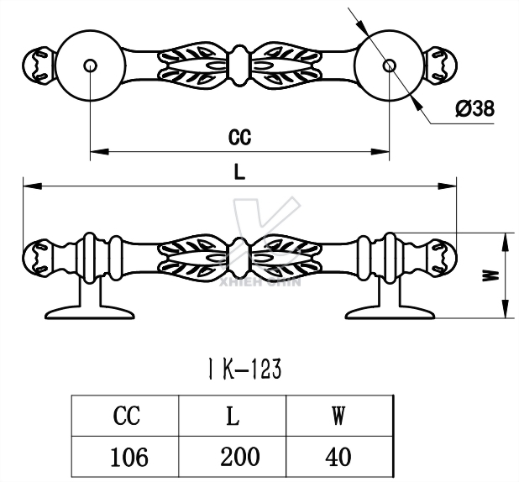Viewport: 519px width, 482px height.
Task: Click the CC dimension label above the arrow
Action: click(x=239, y=136)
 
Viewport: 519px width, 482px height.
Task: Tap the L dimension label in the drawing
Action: click(x=239, y=172)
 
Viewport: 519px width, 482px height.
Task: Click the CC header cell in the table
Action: click(x=126, y=416)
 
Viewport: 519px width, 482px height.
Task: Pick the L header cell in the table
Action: click(x=233, y=416)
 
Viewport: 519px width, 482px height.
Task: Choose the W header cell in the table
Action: click(x=339, y=416)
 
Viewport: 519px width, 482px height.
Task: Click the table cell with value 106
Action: click(x=126, y=457)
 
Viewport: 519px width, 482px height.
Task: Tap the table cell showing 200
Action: click(x=233, y=457)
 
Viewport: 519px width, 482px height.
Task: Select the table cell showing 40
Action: click(x=339, y=457)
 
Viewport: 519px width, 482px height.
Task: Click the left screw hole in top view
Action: click(x=90, y=64)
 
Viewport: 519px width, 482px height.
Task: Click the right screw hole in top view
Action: click(x=388, y=64)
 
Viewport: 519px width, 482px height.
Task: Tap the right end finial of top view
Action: click(x=442, y=64)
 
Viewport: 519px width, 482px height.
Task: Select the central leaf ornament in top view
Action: click(x=239, y=64)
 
